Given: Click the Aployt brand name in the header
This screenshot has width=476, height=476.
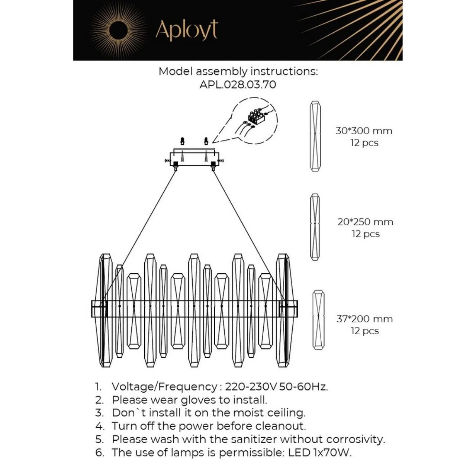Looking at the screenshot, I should tap(186, 30).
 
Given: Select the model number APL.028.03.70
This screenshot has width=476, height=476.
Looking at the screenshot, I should tap(238, 84).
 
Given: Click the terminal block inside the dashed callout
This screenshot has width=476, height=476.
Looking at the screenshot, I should tap(256, 116).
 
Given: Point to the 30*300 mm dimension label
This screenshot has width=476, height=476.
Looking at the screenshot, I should tap(364, 131).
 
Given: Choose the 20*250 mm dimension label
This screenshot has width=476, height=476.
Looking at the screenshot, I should tap(365, 222).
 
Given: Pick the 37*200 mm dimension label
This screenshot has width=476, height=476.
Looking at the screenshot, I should tap(364, 319).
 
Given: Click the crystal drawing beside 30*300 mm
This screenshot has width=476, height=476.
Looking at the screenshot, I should tap(315, 136).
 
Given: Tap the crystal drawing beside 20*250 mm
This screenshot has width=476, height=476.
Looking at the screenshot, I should tap(315, 227).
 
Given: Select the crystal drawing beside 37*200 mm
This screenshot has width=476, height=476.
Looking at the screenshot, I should tap(318, 320).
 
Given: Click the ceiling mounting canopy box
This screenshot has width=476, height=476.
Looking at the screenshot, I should tap(194, 158).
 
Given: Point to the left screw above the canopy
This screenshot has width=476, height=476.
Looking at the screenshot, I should tap(182, 141).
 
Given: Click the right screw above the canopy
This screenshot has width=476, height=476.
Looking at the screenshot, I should tap(206, 141).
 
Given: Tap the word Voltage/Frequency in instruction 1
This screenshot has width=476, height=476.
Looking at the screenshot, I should tap(164, 387).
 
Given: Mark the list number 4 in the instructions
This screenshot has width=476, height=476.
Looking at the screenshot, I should tap(99, 426).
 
